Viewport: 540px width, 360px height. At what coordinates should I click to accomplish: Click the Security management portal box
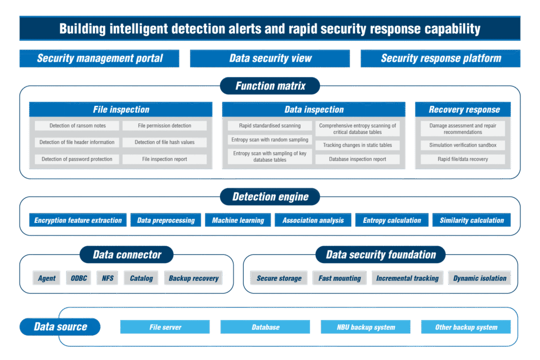[99, 59]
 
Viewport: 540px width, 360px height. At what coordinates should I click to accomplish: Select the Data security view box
[269, 59]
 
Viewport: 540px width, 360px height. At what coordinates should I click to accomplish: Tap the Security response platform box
[440, 59]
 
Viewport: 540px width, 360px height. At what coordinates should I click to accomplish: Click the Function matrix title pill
[270, 86]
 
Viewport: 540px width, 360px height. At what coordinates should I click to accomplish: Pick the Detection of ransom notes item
[77, 126]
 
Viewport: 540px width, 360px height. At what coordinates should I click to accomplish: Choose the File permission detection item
[165, 126]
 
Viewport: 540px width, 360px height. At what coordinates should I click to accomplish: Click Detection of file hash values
[165, 142]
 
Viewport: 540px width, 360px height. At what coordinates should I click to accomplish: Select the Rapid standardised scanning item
[269, 126]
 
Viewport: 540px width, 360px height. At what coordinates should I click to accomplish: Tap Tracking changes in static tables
[358, 145]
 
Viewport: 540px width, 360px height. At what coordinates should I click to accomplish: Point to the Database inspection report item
[358, 159]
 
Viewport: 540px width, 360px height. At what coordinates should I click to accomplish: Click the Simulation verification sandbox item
[462, 145]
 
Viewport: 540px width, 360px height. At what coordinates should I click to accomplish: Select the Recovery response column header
[464, 110]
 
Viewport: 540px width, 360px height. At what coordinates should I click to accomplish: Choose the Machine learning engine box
[238, 220]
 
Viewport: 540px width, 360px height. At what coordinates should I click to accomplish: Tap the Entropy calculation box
[392, 220]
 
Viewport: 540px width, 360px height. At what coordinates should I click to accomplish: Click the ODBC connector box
[79, 278]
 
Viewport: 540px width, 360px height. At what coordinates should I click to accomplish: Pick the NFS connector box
[108, 278]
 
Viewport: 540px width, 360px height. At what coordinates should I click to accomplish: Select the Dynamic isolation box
[479, 278]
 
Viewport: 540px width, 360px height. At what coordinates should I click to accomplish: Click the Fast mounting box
[340, 278]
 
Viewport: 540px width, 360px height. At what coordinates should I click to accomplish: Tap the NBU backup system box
[365, 327]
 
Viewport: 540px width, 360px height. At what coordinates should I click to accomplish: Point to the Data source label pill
[60, 327]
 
